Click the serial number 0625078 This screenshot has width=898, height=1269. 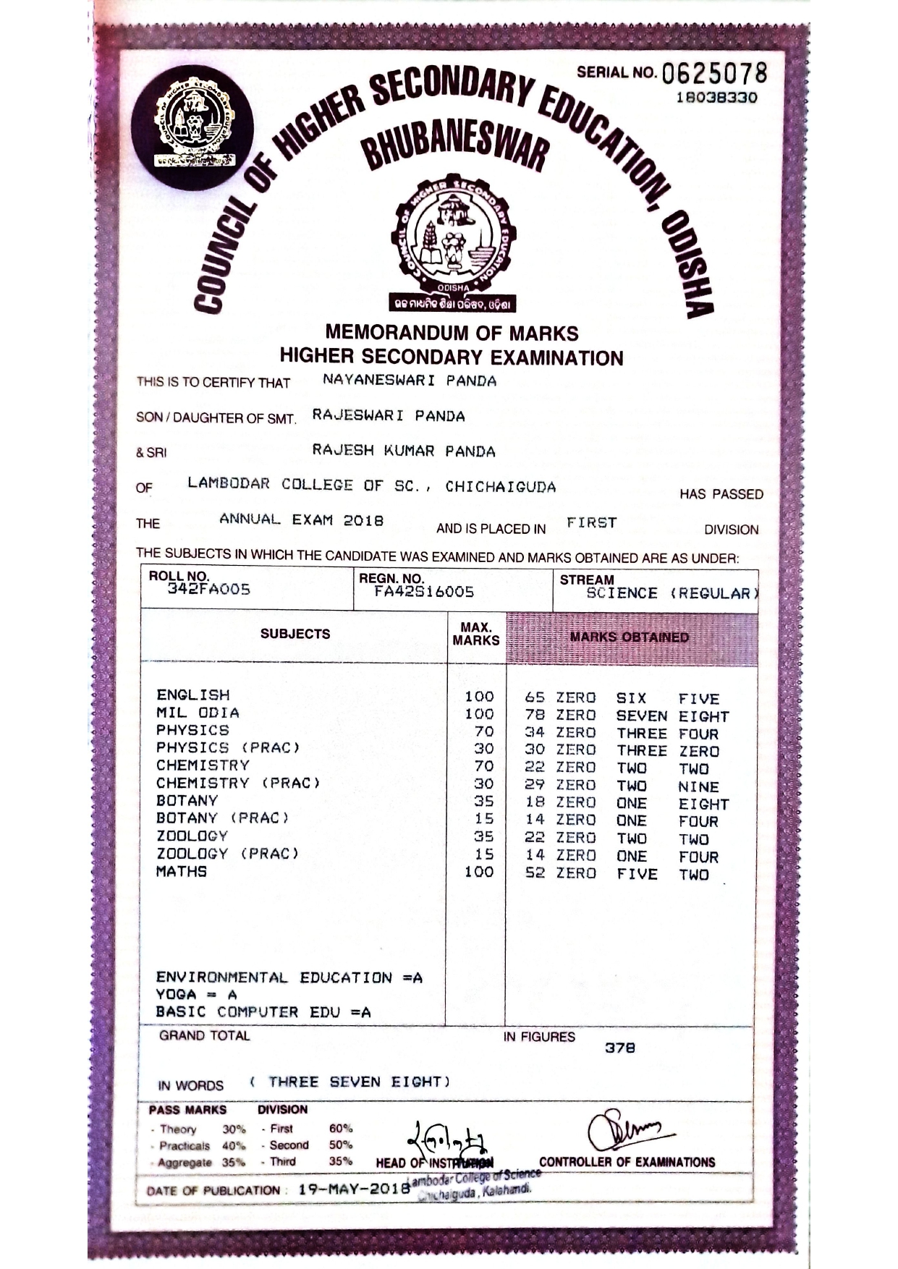[713, 74]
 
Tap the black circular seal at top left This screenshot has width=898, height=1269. [192, 127]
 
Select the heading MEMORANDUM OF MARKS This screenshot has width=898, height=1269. [452, 333]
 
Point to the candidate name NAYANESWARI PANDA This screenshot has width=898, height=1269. [410, 381]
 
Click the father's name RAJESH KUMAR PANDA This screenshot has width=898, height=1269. [404, 451]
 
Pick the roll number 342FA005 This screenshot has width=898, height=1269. [209, 590]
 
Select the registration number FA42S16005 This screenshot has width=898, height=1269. [424, 592]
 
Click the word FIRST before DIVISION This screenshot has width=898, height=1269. [591, 522]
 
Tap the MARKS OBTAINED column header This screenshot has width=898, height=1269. [629, 637]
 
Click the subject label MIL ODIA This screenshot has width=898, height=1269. [198, 713]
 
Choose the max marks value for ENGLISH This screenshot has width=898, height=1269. [479, 697]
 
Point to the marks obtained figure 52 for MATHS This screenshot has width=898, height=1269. [535, 873]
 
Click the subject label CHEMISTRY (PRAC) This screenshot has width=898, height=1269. [238, 783]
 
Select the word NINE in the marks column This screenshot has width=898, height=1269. [698, 786]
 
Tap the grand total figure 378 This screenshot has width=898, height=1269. [620, 1048]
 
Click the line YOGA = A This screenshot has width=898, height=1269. [196, 995]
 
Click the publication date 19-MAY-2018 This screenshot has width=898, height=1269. [354, 1189]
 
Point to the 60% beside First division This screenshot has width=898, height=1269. [340, 1129]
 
